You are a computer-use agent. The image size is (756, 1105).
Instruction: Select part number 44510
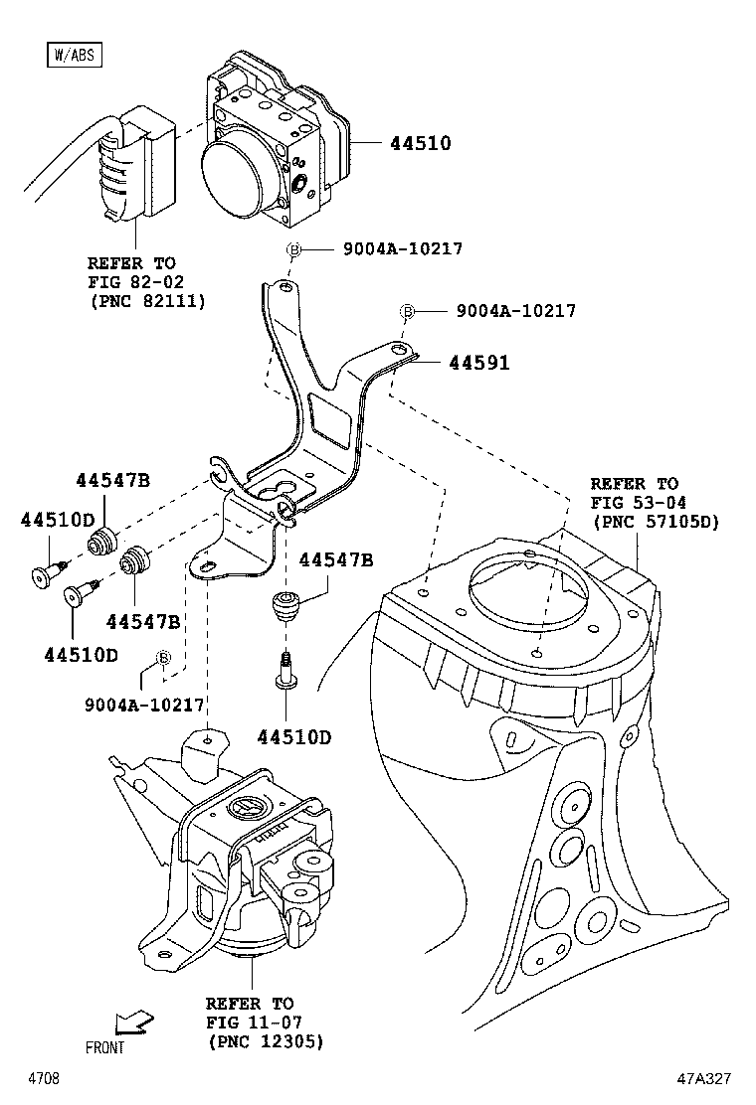(420, 144)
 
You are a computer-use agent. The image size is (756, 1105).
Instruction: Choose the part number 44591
(478, 364)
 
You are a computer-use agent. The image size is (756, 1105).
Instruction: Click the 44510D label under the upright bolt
(293, 737)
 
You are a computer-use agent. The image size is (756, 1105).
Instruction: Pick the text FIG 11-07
(254, 1023)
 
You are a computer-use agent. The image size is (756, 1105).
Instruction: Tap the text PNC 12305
(266, 1041)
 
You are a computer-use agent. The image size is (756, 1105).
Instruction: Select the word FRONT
(105, 1048)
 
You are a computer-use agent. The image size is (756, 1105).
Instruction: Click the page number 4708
(44, 1078)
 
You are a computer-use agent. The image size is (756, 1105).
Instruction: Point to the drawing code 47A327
(706, 1078)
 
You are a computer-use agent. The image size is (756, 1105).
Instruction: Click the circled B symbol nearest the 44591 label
(407, 311)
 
